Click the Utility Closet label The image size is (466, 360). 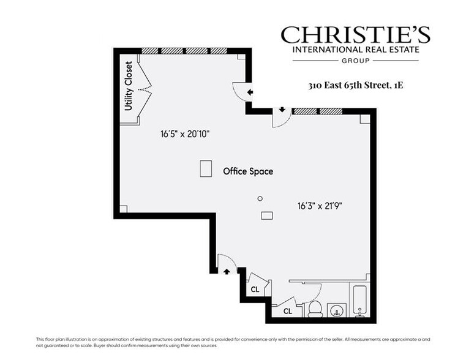(129, 86)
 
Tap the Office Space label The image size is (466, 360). (248, 171)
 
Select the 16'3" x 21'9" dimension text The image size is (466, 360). (315, 206)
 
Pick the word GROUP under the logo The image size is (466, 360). (355, 61)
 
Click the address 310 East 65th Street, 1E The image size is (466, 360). (356, 85)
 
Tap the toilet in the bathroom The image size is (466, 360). (315, 308)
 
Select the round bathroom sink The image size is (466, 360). (336, 310)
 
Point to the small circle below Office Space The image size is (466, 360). (260, 198)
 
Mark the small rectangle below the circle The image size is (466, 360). (267, 215)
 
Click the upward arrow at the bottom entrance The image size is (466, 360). (227, 271)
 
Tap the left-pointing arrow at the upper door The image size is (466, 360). (250, 93)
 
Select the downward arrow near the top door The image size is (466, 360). (282, 110)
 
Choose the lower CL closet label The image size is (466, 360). (287, 312)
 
